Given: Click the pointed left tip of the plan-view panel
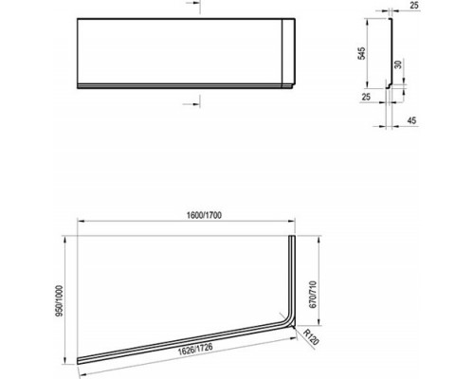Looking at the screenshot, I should [x=78, y=362].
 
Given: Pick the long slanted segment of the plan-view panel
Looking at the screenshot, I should [x=180, y=344].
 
